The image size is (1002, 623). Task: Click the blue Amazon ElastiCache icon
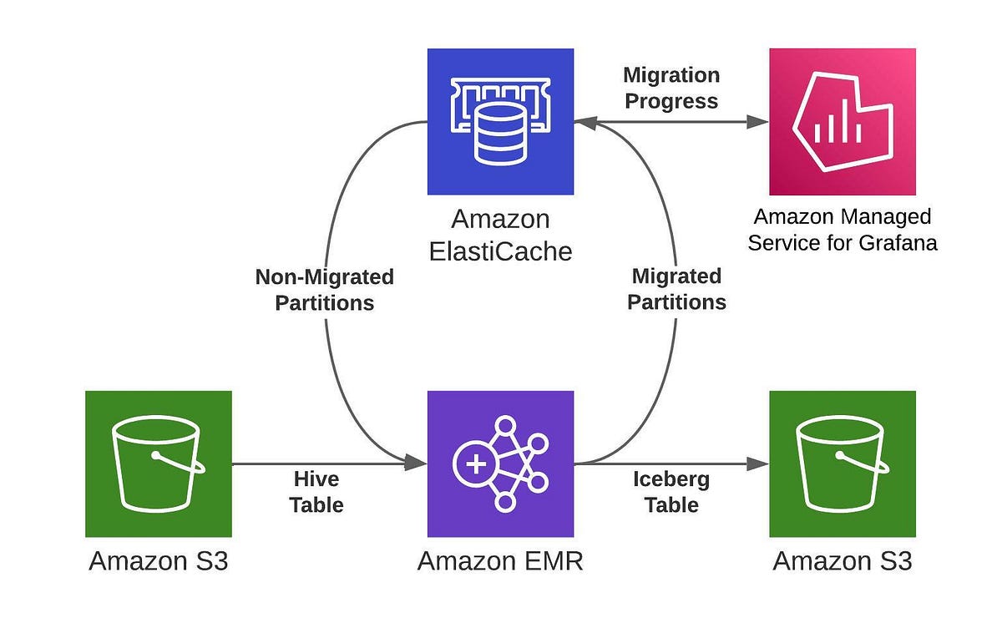(500, 121)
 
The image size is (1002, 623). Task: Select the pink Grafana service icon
(842, 121)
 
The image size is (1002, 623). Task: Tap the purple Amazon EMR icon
(500, 463)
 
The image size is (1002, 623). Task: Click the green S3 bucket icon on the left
(158, 463)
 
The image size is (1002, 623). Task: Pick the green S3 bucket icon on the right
(842, 463)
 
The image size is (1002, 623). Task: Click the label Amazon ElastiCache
(500, 235)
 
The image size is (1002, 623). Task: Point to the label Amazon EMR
(500, 560)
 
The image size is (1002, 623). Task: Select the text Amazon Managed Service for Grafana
(842, 230)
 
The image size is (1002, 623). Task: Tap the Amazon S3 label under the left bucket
(158, 560)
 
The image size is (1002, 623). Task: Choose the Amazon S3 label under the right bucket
(842, 560)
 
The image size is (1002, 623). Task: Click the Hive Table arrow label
(317, 492)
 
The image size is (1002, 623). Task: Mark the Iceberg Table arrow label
(671, 492)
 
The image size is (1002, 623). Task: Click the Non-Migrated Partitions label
(325, 289)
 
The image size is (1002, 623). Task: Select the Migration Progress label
(671, 88)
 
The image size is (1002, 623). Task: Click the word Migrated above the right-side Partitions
(676, 276)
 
